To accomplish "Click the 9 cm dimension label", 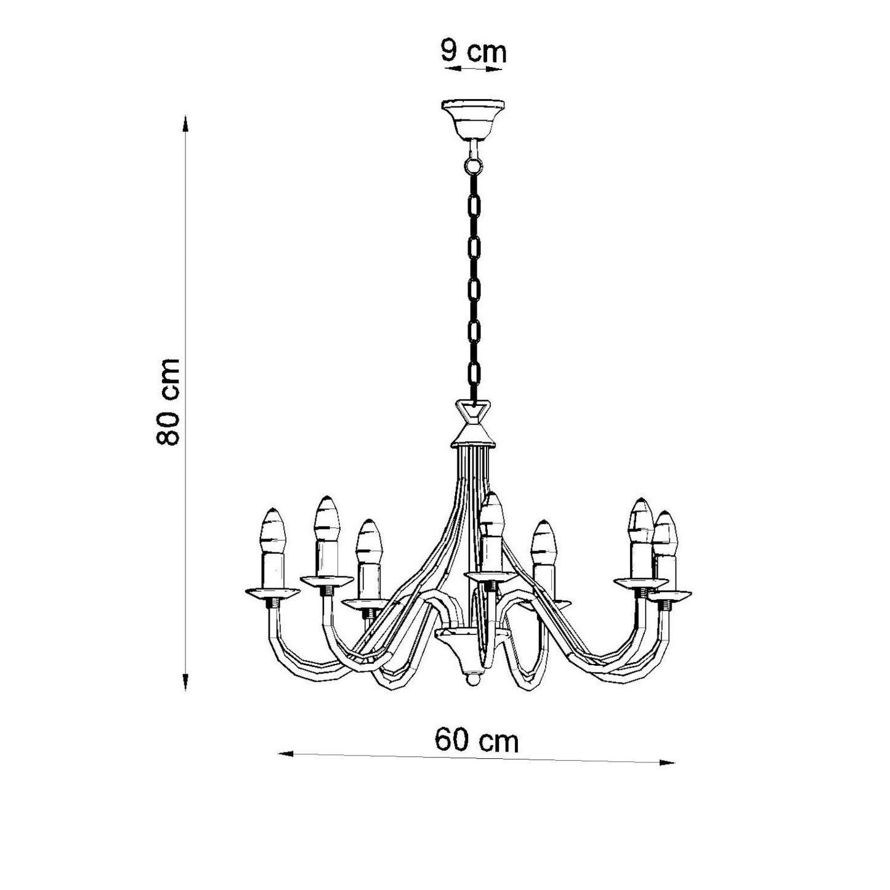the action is pos(473,52).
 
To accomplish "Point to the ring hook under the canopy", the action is pos(473,163).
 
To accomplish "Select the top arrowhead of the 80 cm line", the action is pos(185,124).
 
